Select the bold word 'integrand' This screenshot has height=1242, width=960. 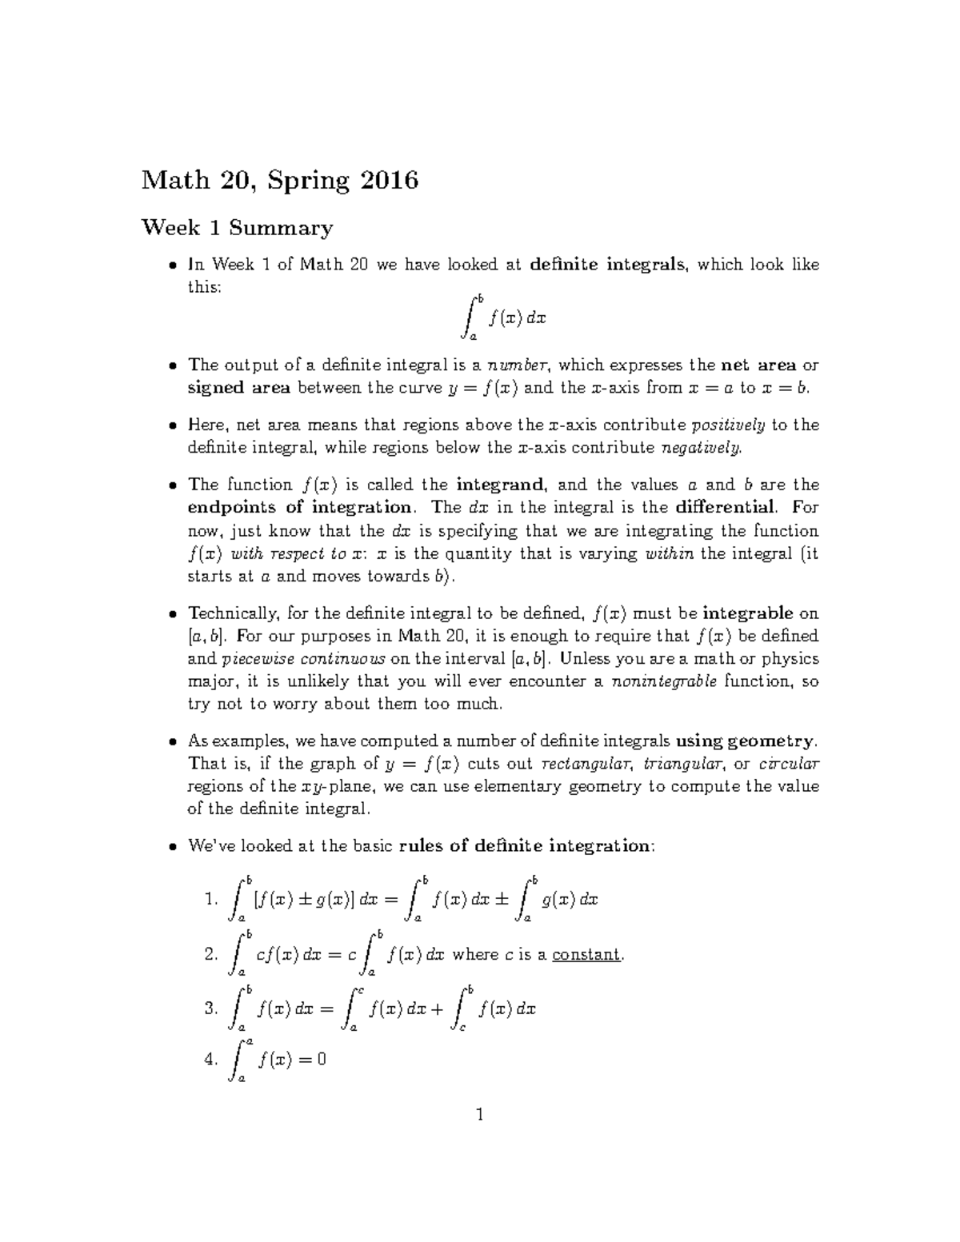tap(502, 485)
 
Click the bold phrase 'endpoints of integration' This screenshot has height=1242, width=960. tap(299, 508)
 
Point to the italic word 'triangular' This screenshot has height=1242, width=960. tap(687, 763)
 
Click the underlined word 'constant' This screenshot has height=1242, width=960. tap(586, 954)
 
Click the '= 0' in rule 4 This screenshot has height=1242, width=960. tap(312, 1060)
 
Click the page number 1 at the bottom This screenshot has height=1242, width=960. tap(479, 1114)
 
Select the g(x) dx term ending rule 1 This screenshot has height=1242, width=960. tap(569, 900)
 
